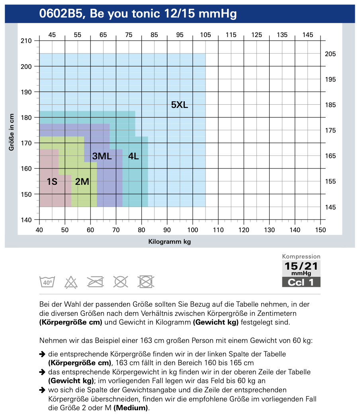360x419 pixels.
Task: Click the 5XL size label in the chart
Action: coord(179,105)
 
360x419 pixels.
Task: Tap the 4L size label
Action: coord(133,157)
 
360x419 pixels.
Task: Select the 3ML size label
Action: coord(102,157)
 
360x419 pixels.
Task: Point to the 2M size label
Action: coord(82,182)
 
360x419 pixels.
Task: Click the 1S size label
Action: coord(52,182)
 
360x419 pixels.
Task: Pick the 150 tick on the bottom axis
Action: coord(320,230)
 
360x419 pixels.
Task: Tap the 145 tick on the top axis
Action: coord(307,35)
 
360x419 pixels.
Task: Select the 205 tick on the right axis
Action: coord(331,54)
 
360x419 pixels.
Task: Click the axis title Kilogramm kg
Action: coord(170,242)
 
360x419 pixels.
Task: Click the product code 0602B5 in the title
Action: coord(62,14)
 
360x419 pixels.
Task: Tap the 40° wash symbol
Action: coord(47,282)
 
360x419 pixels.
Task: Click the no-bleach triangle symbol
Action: coord(71,282)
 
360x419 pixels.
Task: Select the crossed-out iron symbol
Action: coord(96,282)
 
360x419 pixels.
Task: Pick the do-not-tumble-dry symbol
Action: coord(146,282)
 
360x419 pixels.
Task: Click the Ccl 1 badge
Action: coord(301,282)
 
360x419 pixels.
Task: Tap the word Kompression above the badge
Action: coord(301,257)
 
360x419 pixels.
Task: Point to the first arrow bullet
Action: coord(42,354)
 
